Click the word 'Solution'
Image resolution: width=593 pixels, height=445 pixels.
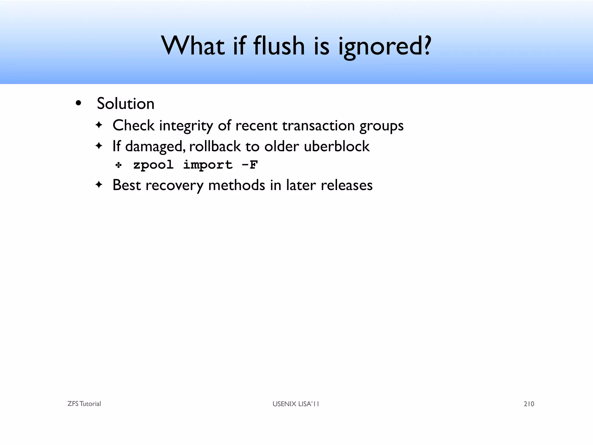coord(125,103)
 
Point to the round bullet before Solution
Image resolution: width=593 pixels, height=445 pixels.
coord(78,103)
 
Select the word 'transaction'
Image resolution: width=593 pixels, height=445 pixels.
coord(318,126)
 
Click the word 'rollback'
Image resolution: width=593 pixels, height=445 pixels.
coord(215,146)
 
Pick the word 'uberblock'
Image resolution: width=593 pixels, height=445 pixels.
coord(336,146)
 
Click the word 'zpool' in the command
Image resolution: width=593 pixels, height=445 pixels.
coord(153,165)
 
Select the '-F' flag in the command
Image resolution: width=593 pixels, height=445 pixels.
coord(249,165)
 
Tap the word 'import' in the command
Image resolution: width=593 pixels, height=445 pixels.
coord(208,165)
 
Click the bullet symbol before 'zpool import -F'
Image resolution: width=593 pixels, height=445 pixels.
coord(118,165)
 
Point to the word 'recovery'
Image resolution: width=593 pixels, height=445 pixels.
coord(174,185)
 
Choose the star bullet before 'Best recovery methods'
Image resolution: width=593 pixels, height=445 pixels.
coord(99,185)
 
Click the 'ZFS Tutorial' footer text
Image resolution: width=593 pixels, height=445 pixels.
coord(84,404)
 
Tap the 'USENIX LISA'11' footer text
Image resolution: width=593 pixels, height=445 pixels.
coord(296,404)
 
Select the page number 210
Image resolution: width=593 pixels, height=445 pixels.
coord(529,404)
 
